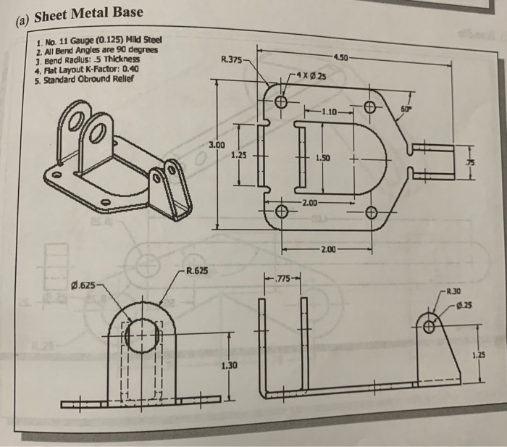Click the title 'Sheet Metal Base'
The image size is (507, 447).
[x=78, y=14]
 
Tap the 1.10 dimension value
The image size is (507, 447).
[x=329, y=112]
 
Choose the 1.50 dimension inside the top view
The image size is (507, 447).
[x=324, y=158]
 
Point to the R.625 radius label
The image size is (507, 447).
[x=198, y=272]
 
